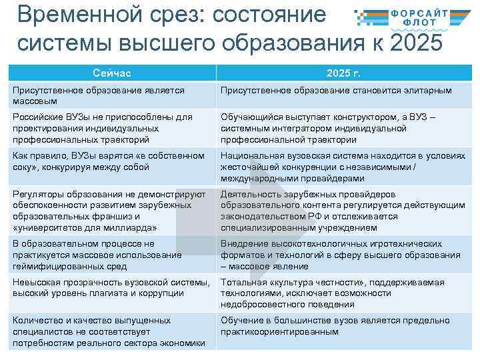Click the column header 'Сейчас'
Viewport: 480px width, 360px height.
[111, 73]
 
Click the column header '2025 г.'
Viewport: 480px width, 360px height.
[344, 73]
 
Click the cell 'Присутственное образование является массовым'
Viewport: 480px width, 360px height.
[112, 95]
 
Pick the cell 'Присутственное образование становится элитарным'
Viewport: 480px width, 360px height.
[344, 91]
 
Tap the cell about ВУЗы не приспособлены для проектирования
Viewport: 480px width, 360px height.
[112, 128]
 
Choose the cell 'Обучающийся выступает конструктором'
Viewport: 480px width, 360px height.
[344, 128]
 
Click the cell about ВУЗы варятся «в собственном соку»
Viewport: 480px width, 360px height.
[112, 161]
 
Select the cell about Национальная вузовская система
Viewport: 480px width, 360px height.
[344, 167]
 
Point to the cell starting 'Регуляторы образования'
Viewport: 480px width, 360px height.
[112, 211]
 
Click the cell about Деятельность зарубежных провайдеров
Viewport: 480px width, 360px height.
[344, 211]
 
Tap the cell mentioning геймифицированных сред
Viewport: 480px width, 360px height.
[112, 255]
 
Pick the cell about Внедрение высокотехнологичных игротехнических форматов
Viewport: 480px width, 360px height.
[344, 255]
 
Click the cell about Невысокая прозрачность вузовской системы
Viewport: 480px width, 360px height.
[112, 288]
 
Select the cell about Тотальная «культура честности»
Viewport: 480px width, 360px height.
[344, 293]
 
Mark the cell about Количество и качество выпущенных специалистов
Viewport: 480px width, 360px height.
[112, 331]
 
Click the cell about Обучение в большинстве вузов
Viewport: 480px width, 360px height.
[344, 326]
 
